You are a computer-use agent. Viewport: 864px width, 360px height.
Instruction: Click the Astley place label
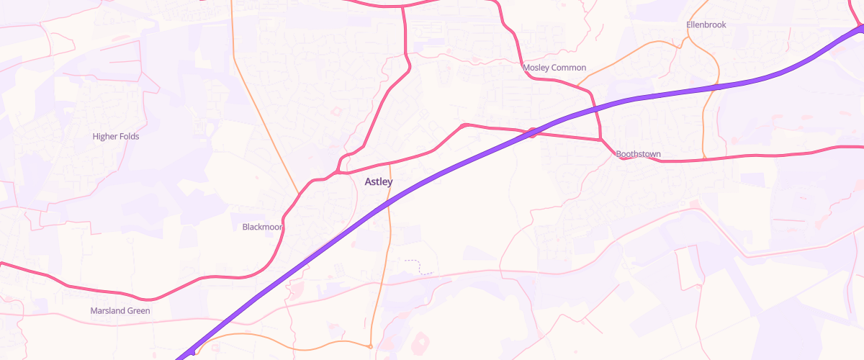[379, 181]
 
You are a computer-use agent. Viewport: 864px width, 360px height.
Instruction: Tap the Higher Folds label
[116, 136]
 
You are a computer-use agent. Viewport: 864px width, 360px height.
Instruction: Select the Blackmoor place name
[262, 227]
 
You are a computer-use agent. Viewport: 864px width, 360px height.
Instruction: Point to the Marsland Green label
[120, 311]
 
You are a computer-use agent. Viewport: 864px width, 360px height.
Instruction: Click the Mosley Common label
[554, 68]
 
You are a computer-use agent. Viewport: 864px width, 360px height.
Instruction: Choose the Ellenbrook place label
[706, 24]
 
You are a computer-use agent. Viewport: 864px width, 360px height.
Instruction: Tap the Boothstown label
[638, 154]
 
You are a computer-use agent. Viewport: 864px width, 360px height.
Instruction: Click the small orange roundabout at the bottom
[370, 347]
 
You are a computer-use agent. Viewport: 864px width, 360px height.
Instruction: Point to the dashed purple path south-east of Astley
[418, 267]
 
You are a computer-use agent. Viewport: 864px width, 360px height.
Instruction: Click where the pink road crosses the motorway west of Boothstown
[532, 132]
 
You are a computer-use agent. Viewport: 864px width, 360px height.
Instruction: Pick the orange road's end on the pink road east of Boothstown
[704, 158]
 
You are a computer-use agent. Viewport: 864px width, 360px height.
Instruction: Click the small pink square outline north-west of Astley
[336, 110]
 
